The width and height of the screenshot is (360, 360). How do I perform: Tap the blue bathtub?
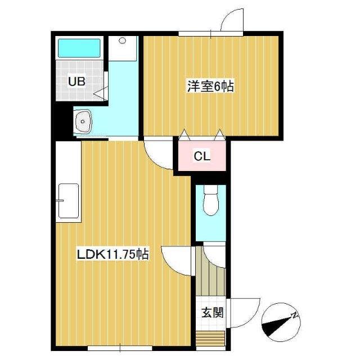pos(79,47)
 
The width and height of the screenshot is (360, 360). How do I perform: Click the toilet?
pos(210,201)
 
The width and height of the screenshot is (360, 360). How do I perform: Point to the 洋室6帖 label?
pos(210,87)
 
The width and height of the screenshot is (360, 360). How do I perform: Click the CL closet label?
pos(202,157)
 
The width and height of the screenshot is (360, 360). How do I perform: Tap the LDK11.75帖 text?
pos(112,255)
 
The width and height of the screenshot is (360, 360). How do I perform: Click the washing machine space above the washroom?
pos(123,48)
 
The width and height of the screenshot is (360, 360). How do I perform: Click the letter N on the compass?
pos(294,317)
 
